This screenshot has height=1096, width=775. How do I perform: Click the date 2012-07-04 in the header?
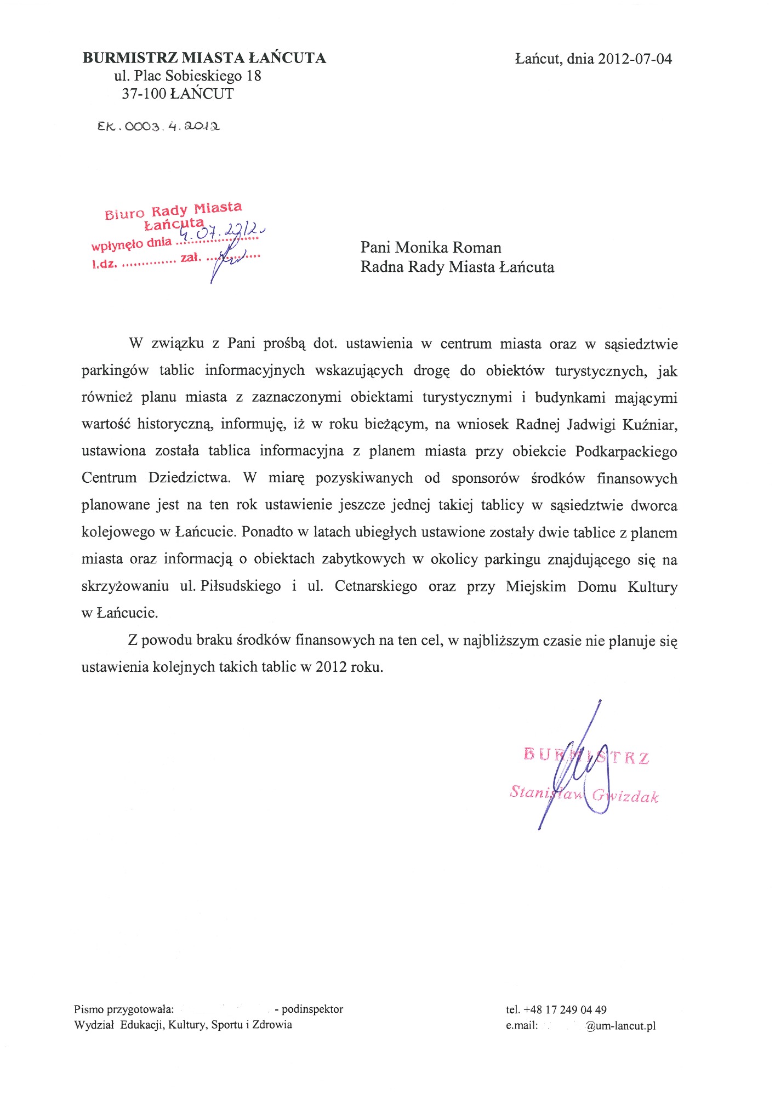(x=635, y=59)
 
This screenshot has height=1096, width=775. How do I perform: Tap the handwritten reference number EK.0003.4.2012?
(x=159, y=127)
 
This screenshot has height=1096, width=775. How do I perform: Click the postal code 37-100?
(x=144, y=94)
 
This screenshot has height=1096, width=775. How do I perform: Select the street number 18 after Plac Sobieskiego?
(x=254, y=76)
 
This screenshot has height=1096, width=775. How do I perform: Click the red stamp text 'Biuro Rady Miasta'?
(x=173, y=210)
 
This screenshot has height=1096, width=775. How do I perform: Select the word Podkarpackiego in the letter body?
(x=626, y=452)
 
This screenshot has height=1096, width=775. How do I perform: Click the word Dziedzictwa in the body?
(x=189, y=478)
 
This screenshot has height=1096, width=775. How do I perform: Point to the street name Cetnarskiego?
(x=375, y=586)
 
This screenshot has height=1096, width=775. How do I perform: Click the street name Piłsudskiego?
(x=241, y=586)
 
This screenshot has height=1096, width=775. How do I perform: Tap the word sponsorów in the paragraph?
(x=485, y=478)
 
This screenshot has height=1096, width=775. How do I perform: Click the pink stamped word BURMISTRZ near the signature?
(x=586, y=756)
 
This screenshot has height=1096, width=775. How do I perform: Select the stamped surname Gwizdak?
(x=625, y=796)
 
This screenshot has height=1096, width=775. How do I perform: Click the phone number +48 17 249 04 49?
(x=565, y=1009)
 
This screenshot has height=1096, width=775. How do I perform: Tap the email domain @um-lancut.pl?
(x=621, y=1026)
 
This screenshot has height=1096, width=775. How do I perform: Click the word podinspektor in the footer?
(x=312, y=1009)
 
